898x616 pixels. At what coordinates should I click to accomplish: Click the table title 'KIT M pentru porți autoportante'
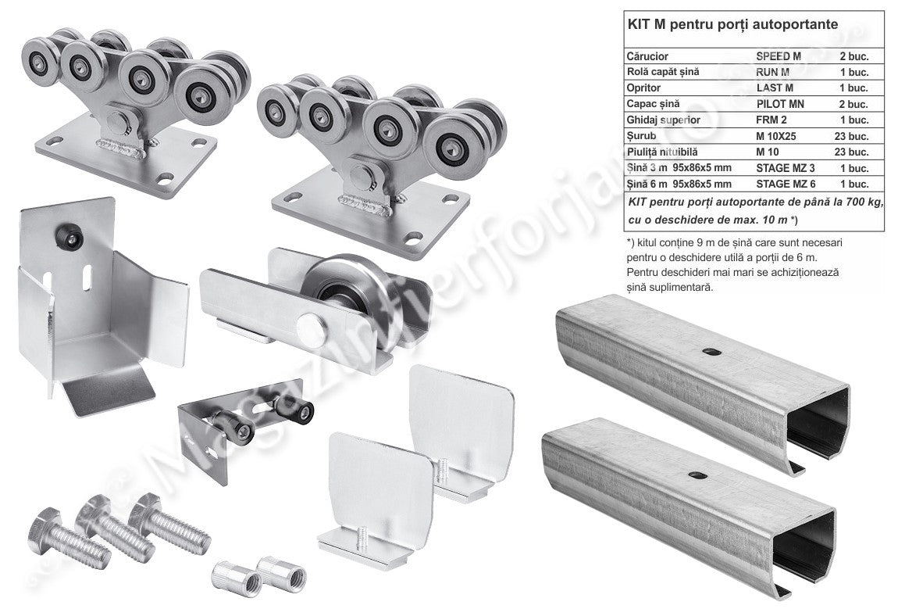732,24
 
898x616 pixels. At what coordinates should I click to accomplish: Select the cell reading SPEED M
779,56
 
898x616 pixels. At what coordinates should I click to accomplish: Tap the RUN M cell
772,72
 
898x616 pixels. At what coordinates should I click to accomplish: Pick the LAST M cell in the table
775,88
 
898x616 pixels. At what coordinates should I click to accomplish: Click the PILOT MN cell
780,104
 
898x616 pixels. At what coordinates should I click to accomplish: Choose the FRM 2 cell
771,120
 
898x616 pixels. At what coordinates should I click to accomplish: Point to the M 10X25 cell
775,136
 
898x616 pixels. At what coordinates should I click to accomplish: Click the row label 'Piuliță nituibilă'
663,152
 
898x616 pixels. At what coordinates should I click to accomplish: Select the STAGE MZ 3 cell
786,168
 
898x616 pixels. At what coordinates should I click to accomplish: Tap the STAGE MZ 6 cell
786,184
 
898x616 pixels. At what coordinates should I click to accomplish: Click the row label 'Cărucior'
647,56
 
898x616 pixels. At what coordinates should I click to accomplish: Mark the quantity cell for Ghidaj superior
854,120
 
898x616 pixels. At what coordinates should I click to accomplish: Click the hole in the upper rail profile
711,352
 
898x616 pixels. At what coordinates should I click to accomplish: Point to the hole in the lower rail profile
697,475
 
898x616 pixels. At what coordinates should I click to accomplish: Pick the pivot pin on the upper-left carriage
119,122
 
